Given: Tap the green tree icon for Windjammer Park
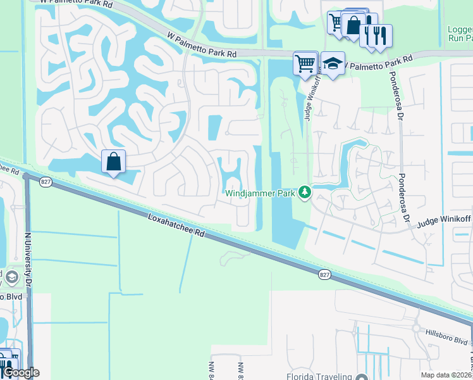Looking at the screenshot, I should [x=305, y=191].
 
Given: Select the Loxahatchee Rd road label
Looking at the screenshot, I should [x=176, y=225].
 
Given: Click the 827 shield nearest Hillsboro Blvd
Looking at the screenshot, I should [x=324, y=274].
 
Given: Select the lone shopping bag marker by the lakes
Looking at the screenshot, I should [x=113, y=161].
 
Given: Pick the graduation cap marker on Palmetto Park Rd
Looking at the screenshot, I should [x=333, y=63].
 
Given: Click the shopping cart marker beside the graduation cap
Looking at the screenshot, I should [x=305, y=63].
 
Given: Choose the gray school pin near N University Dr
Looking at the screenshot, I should [x=11, y=277].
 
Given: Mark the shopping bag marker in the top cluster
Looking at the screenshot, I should [x=353, y=25].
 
